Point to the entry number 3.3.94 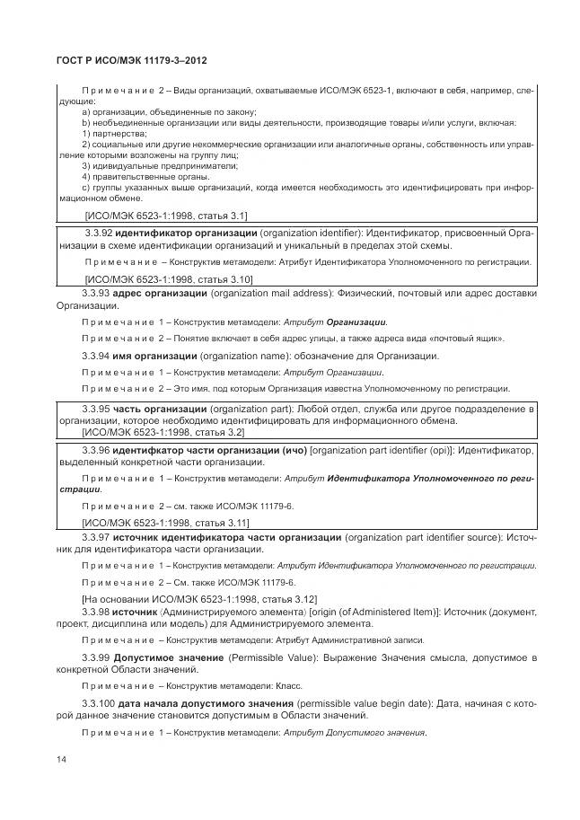click(95, 356)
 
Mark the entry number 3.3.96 click(96, 449)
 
